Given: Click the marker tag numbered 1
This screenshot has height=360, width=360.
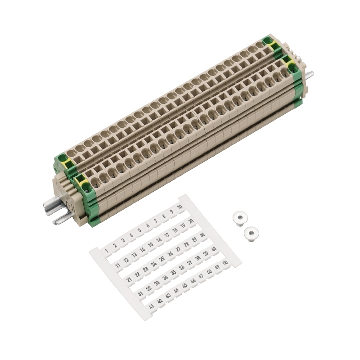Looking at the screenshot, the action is (x=106, y=251).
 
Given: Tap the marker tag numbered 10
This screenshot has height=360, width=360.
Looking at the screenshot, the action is (x=180, y=207).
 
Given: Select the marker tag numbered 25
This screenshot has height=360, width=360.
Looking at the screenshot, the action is (x=162, y=259).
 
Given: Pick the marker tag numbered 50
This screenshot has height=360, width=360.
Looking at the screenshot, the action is (x=226, y=263).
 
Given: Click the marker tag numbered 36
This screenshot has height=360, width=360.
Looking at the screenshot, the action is (x=182, y=268).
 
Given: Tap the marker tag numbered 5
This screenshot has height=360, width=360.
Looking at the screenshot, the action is (x=139, y=230).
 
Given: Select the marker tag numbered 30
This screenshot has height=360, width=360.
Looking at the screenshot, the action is (x=202, y=235).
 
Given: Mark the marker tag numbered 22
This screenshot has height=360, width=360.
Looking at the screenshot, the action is (x=137, y=274).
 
